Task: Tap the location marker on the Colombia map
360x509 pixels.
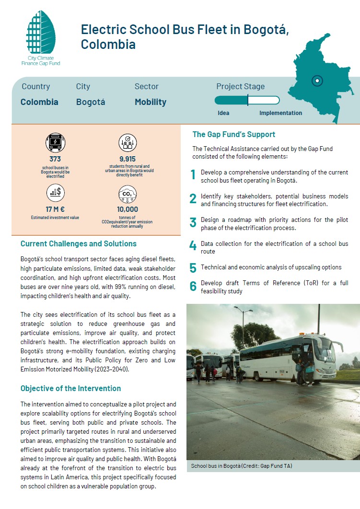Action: [317, 81]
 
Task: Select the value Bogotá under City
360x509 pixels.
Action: [91, 102]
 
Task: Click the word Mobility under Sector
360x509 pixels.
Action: [151, 102]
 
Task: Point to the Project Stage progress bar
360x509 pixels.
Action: [247, 100]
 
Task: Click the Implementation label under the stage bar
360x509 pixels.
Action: [280, 113]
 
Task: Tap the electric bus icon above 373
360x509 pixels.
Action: [55, 143]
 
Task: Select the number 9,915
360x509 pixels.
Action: [128, 159]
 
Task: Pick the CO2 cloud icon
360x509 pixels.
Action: [128, 193]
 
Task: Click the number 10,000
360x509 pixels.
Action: [128, 209]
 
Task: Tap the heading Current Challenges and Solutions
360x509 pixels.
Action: [79, 243]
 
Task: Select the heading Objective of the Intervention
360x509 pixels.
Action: [70, 388]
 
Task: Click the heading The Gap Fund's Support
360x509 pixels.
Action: [234, 134]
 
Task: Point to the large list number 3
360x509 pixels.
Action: [193, 223]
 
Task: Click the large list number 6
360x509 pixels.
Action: [193, 287]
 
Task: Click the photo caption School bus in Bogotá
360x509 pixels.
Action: [241, 466]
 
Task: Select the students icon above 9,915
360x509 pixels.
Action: [128, 143]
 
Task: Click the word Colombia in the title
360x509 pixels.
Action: [108, 45]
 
